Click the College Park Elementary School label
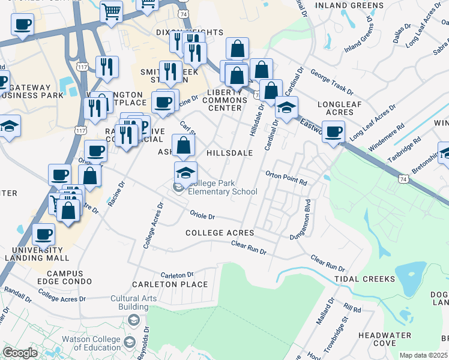click(x=223, y=188)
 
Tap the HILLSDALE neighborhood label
click(x=229, y=153)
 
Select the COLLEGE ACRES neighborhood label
click(x=220, y=233)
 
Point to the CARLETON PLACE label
click(x=170, y=284)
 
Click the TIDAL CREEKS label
click(x=365, y=279)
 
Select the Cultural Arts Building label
click(x=133, y=302)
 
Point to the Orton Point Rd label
click(x=286, y=178)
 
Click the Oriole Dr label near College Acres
click(x=202, y=215)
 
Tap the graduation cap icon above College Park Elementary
click(x=186, y=173)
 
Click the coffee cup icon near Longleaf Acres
click(x=333, y=131)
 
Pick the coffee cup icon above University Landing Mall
click(x=44, y=234)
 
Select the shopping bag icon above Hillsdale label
click(x=184, y=145)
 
